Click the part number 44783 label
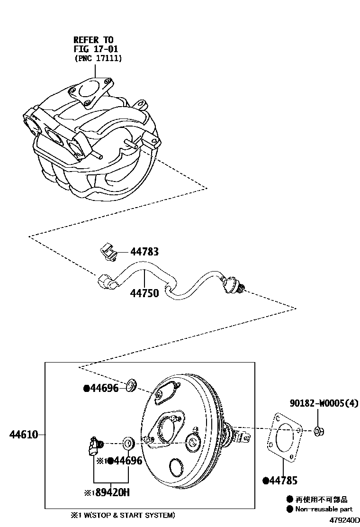point(144,251)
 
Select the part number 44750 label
point(144,293)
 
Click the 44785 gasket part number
point(283,481)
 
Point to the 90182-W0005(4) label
point(324,403)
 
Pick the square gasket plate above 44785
point(284,437)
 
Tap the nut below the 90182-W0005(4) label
point(318,431)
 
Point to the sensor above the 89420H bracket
point(96,446)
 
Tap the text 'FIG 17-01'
point(96,49)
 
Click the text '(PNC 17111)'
point(98,58)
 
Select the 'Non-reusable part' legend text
point(324,509)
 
